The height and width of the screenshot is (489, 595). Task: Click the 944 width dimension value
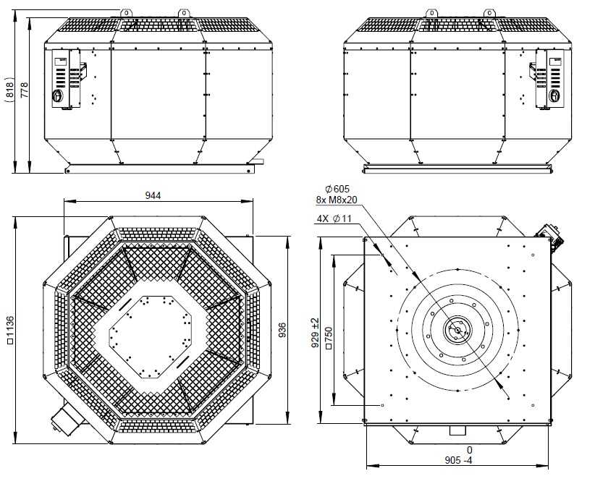tap(153, 195)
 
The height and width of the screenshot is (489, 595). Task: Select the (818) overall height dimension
tap(9, 90)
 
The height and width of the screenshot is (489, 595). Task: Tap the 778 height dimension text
tap(24, 90)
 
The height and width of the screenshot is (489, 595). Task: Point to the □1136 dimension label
tap(10, 330)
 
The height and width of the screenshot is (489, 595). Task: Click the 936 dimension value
tap(282, 331)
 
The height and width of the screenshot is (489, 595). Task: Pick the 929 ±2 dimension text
tap(315, 333)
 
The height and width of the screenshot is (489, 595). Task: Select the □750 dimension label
tap(329, 338)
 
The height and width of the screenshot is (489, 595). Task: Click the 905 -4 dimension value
tap(458, 460)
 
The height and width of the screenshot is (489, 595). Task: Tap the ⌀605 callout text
tap(337, 189)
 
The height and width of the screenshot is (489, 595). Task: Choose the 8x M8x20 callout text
tap(337, 200)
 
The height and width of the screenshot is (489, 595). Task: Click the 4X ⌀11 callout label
tap(334, 218)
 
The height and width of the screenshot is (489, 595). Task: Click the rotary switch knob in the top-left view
tap(57, 95)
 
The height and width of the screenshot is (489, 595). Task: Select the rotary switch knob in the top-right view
tap(554, 95)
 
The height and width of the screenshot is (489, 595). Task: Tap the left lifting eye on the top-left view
tap(127, 13)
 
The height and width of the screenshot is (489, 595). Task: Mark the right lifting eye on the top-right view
tap(489, 13)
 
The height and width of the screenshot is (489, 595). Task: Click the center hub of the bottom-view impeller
tap(457, 330)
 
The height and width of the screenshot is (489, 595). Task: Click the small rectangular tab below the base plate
tap(457, 430)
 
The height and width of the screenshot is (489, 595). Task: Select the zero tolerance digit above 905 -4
tap(469, 450)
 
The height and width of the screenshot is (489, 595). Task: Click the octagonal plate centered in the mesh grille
tap(151, 337)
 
